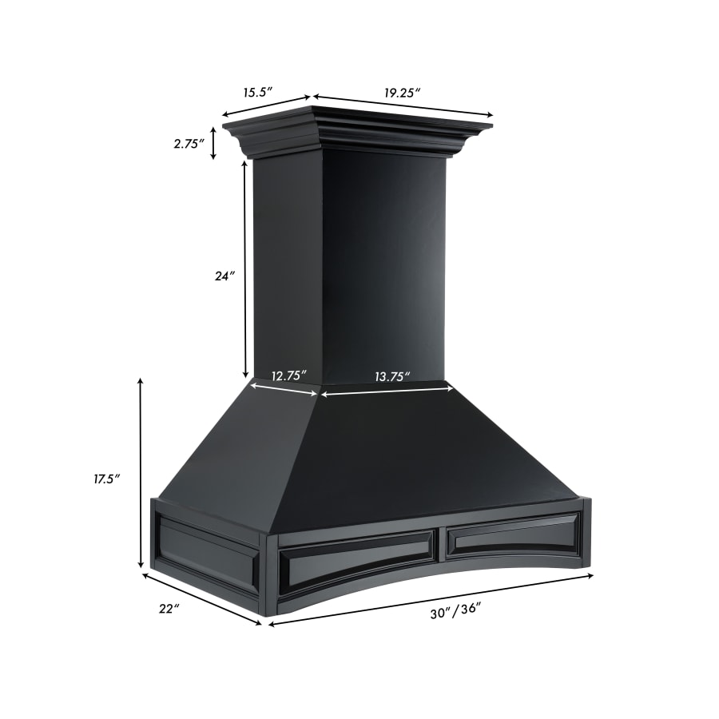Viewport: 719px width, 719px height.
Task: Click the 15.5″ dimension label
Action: pyautogui.click(x=257, y=93)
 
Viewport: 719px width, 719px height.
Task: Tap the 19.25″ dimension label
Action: pyautogui.click(x=401, y=93)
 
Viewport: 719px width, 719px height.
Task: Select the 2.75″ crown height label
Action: pyautogui.click(x=189, y=144)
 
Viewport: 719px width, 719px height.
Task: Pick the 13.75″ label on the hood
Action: pyautogui.click(x=392, y=375)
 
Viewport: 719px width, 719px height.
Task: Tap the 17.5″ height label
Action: pyautogui.click(x=105, y=479)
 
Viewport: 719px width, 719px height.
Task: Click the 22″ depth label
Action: pyautogui.click(x=169, y=609)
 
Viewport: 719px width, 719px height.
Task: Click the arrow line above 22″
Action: pyautogui.click(x=201, y=598)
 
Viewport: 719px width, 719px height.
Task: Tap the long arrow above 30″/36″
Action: pyautogui.click(x=431, y=598)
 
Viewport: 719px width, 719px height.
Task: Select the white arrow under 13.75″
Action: pyautogui.click(x=387, y=391)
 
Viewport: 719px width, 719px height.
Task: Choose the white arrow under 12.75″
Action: pyautogui.click(x=284, y=389)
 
